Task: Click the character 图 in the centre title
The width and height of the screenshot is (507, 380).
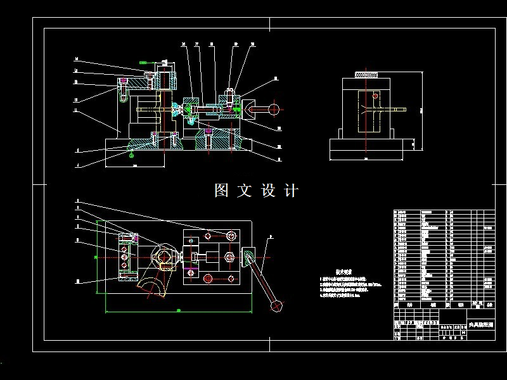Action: pos(221,191)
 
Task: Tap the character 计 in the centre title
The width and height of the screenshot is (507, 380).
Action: pos(291,191)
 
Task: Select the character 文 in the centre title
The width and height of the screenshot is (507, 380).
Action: pos(245,191)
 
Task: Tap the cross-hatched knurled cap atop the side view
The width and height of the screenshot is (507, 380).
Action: pos(369,75)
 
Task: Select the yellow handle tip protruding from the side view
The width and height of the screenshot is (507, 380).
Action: pos(401,110)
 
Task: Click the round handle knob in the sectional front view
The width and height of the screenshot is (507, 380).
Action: pos(274,109)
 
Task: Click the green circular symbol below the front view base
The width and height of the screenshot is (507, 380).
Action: pos(131,154)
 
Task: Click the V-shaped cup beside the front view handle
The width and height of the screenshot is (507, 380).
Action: pos(246,109)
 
